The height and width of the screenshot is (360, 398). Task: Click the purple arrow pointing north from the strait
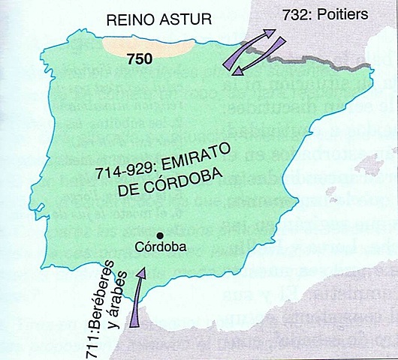[x=136, y=301]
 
